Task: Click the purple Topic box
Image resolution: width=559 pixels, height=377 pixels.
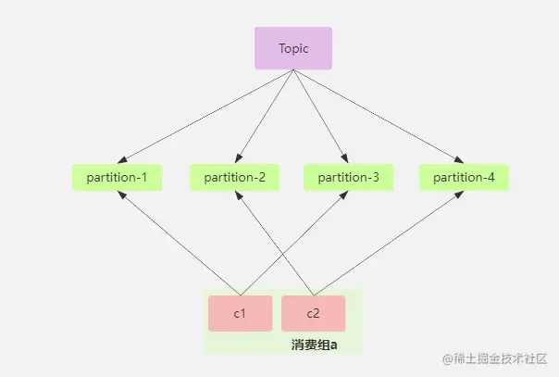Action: [x=293, y=48]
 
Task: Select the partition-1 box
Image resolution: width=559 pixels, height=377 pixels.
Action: [x=117, y=177]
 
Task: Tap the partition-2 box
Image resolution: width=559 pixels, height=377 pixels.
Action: [x=234, y=177]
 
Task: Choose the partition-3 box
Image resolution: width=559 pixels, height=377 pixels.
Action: [x=348, y=177]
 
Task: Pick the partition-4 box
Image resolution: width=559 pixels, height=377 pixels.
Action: [x=464, y=177]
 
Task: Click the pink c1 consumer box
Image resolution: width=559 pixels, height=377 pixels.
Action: [x=241, y=313]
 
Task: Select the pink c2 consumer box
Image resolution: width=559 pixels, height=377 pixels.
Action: [x=314, y=313]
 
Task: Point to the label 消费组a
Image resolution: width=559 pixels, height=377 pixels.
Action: [x=314, y=345]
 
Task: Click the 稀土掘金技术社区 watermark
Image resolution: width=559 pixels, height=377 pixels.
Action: [x=494, y=358]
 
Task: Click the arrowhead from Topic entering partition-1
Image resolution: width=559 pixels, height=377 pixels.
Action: [x=122, y=160]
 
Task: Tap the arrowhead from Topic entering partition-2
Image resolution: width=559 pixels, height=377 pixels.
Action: [x=238, y=158]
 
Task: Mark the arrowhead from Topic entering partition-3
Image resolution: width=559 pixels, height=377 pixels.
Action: [x=344, y=158]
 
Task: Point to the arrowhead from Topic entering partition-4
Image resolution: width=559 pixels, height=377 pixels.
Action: [x=459, y=160]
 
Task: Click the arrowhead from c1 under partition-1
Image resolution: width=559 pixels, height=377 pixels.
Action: [x=122, y=195]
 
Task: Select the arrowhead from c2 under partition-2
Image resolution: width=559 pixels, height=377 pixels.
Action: [x=238, y=195]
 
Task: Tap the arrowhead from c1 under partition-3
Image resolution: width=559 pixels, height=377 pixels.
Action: [x=343, y=195]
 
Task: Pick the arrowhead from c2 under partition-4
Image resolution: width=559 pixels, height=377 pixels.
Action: [x=459, y=195]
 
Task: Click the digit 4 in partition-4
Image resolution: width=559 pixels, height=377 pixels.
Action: [x=491, y=178]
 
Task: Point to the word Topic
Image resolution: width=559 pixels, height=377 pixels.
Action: [x=293, y=48]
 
